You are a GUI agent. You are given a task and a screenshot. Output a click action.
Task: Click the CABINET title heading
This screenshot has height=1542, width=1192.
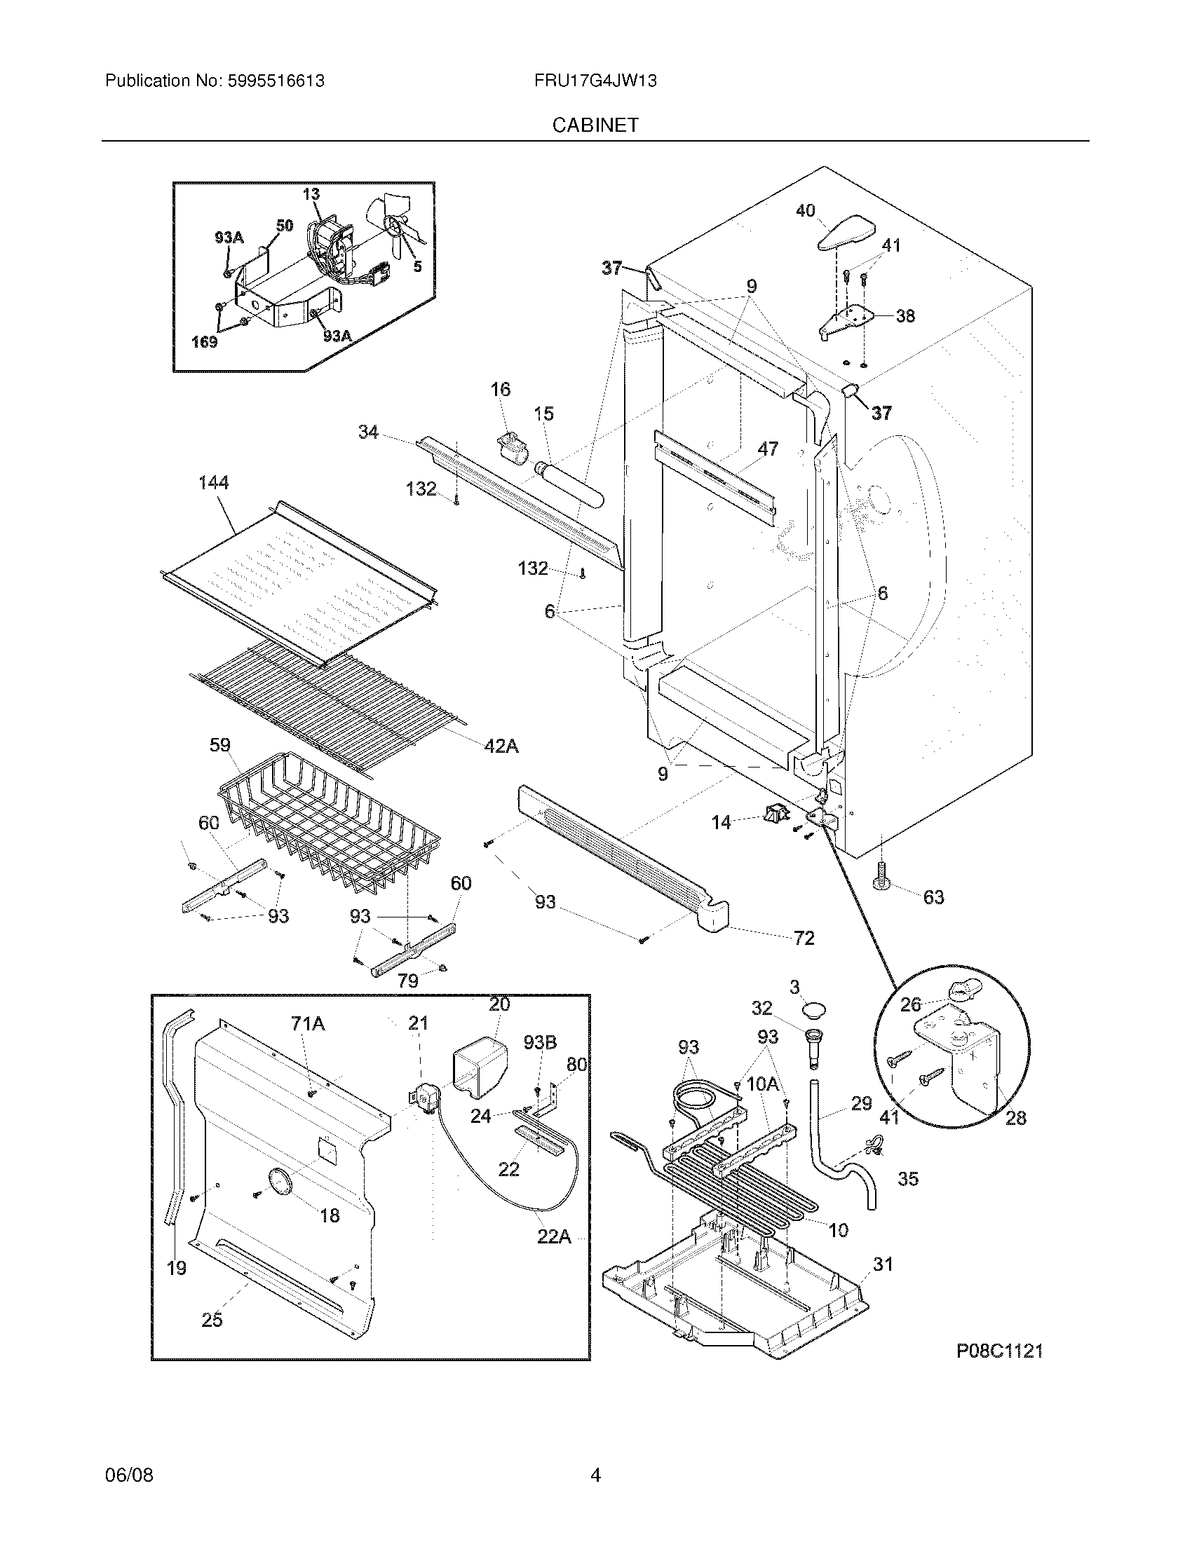[595, 125]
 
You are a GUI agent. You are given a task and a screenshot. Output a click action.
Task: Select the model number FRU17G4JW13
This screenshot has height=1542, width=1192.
[595, 81]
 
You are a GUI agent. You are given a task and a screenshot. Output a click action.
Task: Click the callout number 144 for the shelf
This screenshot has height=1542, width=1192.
[213, 482]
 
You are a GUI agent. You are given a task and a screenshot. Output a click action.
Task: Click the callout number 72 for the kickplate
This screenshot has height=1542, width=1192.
[804, 938]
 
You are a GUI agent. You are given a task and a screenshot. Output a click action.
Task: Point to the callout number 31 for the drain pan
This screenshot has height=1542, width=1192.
[883, 1264]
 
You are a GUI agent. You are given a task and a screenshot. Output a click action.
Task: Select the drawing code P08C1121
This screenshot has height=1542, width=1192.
[999, 1351]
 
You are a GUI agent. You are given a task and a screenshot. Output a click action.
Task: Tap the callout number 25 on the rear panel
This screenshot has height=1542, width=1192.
[212, 1320]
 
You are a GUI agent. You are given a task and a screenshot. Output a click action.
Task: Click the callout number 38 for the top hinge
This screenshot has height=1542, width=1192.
[905, 315]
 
